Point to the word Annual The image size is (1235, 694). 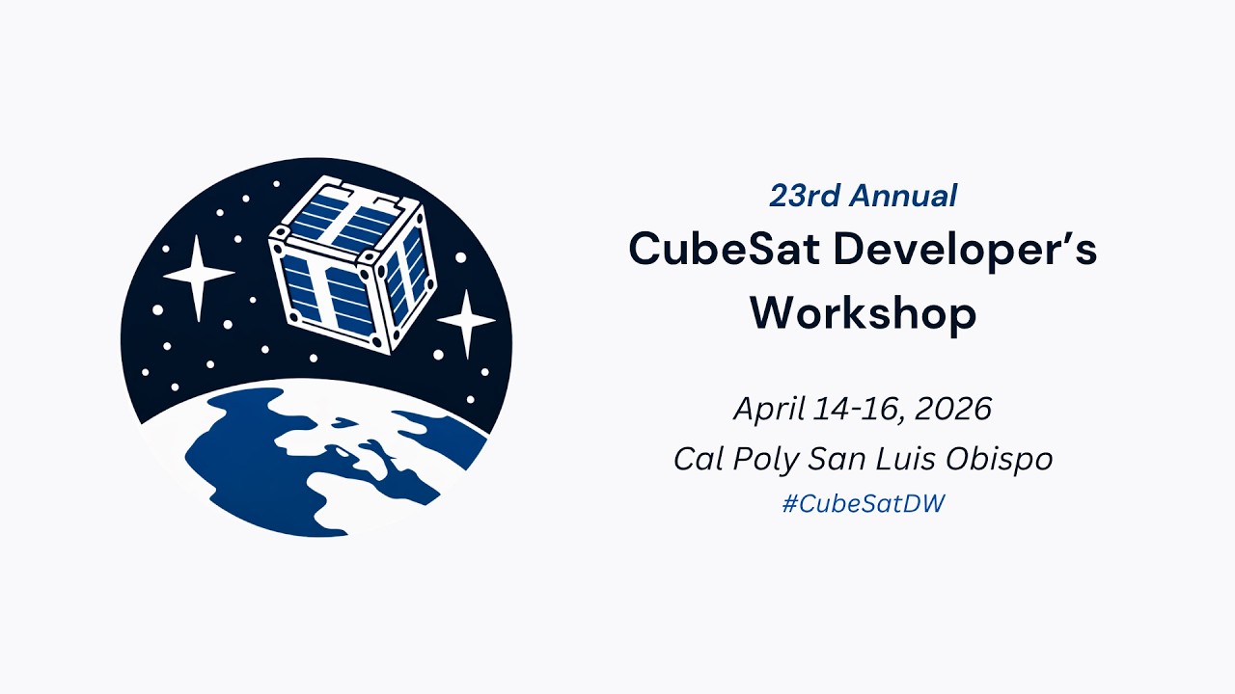coord(902,196)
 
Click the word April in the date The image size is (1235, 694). coord(768,409)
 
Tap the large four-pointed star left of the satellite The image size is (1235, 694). coord(198,277)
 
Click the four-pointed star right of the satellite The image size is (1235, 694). coord(466,322)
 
